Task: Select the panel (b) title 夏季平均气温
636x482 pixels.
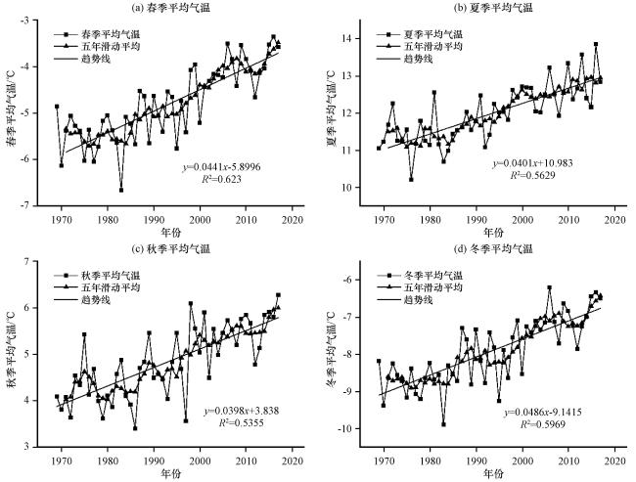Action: (493, 7)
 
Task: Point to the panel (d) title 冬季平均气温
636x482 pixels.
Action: (493, 248)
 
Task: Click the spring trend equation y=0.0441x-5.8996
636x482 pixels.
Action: (221, 167)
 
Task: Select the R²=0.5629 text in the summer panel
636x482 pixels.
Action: (532, 175)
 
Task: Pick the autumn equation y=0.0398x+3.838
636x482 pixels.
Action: (241, 411)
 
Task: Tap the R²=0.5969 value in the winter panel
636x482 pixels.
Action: (543, 424)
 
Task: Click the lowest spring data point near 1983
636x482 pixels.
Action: (121, 190)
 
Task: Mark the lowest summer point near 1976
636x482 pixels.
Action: (411, 179)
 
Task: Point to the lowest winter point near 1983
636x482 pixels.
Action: (443, 424)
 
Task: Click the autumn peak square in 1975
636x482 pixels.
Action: (84, 334)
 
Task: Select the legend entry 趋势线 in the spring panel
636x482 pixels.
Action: (82, 60)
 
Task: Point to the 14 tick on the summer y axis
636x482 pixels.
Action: (351, 38)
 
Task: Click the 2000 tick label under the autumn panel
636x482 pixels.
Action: (200, 460)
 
